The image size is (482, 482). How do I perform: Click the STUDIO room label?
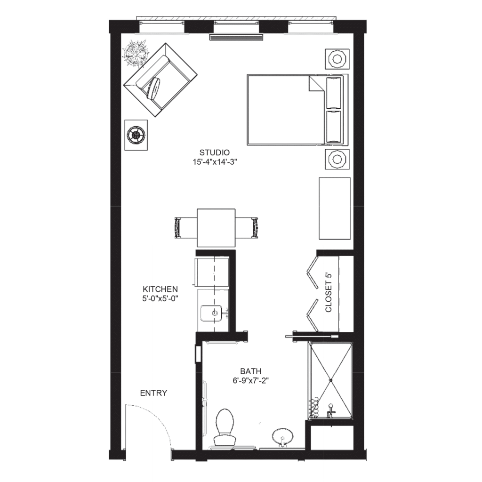coord(215,153)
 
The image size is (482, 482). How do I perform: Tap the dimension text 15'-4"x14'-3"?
coord(215,162)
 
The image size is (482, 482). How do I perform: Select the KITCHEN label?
coord(160,289)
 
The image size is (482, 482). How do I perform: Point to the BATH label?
coord(251,371)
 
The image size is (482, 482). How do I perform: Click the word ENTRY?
coord(153,393)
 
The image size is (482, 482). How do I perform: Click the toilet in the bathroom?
coord(225,427)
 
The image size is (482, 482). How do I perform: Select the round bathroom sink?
coord(282,437)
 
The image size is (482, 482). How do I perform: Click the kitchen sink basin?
coord(211,313)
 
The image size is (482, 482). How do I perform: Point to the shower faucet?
coord(331,410)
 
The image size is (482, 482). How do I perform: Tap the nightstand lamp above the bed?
coord(337,58)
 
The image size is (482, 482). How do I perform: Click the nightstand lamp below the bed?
coord(337,159)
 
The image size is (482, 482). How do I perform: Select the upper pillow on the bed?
coord(334,93)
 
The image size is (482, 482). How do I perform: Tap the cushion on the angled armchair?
coord(154,88)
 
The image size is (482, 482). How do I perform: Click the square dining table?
coord(216,228)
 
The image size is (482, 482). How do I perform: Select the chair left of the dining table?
coord(185,228)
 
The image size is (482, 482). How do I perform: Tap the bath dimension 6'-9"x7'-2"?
coord(251,380)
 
